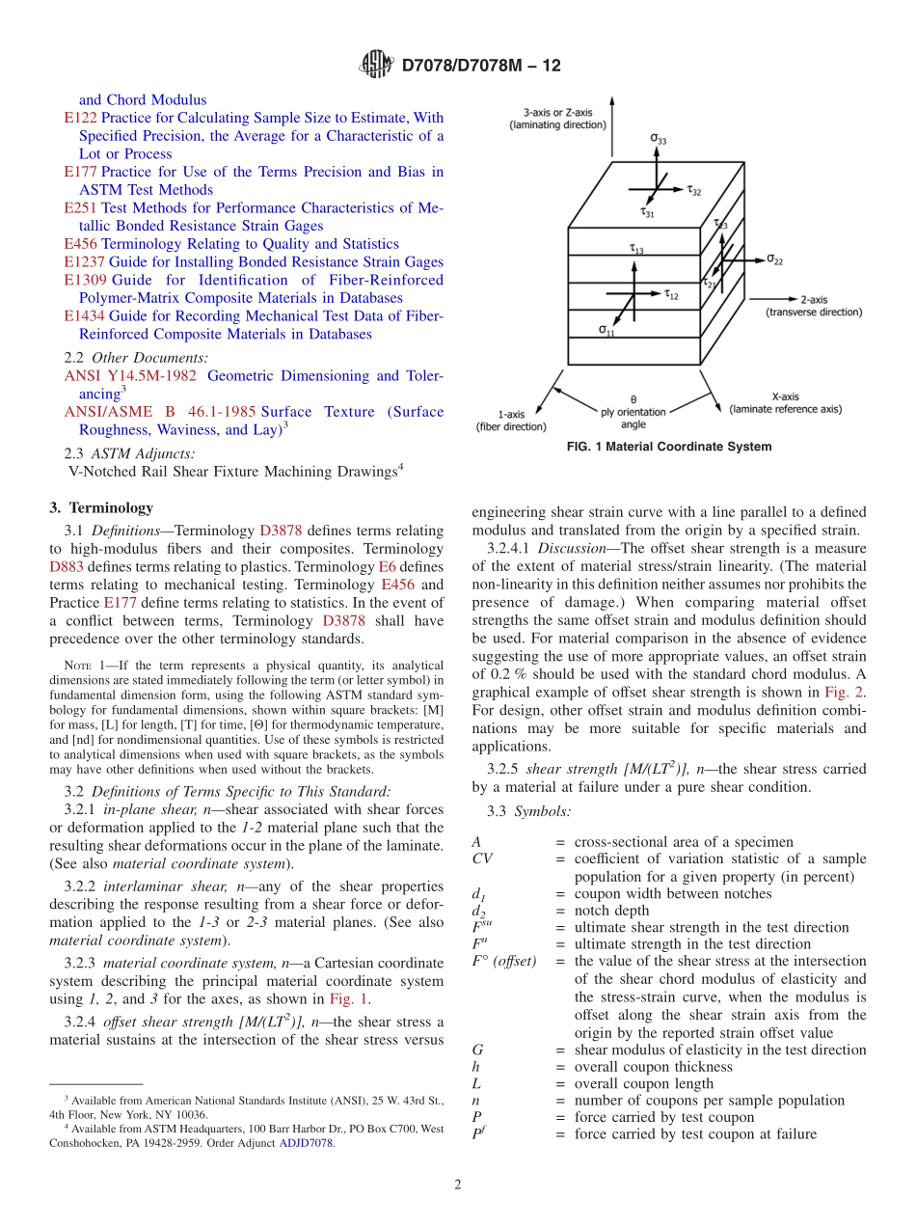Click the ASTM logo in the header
[x=376, y=66]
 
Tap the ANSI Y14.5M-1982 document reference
[x=130, y=376]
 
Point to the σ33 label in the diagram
[x=657, y=140]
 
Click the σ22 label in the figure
[x=774, y=259]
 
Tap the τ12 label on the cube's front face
[x=671, y=295]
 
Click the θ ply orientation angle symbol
[x=633, y=398]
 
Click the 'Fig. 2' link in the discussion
[x=850, y=692]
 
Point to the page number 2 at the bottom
[x=458, y=1185]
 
